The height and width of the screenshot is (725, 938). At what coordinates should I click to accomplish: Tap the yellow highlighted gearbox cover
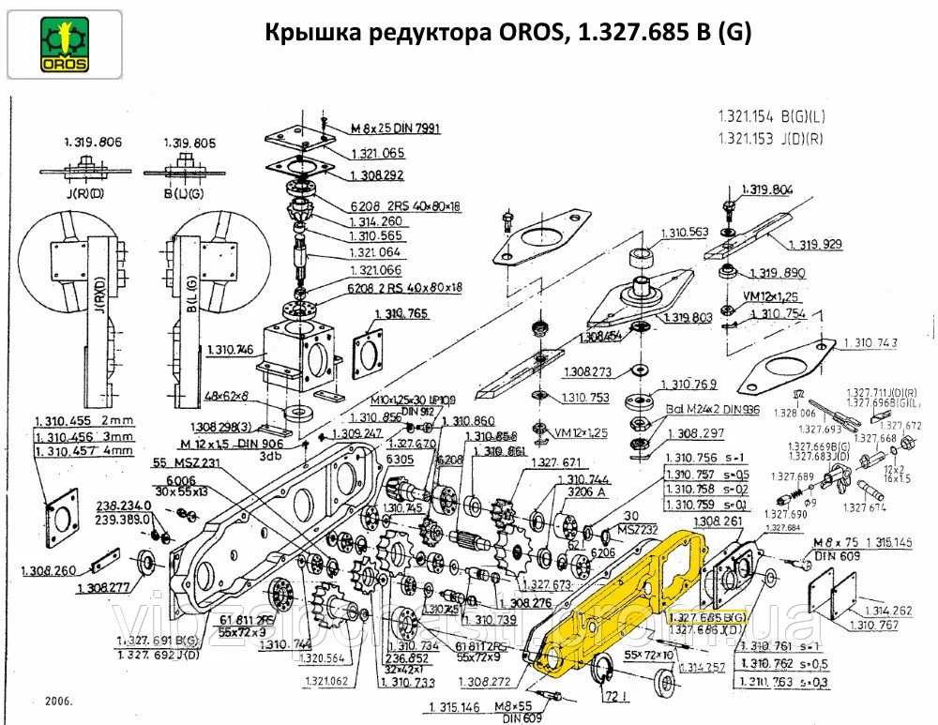tap(619, 600)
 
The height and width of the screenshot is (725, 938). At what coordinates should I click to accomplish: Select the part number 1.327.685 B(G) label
tap(708, 619)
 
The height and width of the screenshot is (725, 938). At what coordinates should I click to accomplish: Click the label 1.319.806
tap(93, 143)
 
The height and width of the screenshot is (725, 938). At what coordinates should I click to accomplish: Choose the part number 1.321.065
tap(377, 152)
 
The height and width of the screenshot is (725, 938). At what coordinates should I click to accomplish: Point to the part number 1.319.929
tap(814, 244)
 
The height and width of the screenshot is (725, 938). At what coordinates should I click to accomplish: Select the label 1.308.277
tap(103, 587)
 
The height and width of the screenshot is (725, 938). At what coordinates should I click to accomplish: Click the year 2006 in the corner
tap(57, 701)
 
